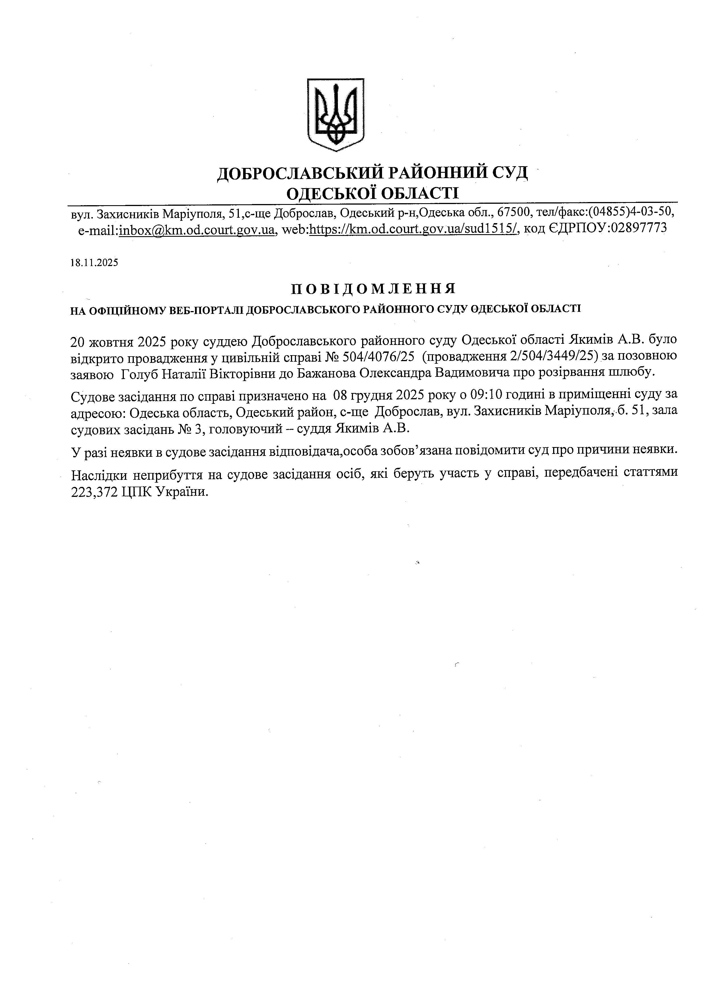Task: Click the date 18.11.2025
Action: pos(94,263)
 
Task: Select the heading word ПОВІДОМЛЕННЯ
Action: pos(373,289)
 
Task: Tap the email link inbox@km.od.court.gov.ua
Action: pos(197,229)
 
